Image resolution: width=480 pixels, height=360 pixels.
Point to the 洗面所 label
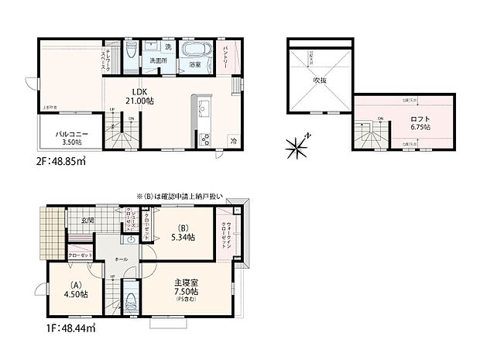pos(160,60)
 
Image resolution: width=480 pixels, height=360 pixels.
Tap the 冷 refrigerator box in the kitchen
pos(234,140)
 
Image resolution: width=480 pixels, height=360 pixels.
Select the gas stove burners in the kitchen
pos(206,139)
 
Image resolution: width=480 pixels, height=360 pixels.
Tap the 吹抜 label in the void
pos(318,80)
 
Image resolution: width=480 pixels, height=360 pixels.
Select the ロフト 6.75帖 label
pos(420,122)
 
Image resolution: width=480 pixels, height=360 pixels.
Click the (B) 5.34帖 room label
pos(183,232)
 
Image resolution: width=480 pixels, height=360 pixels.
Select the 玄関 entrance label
pos(87,221)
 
